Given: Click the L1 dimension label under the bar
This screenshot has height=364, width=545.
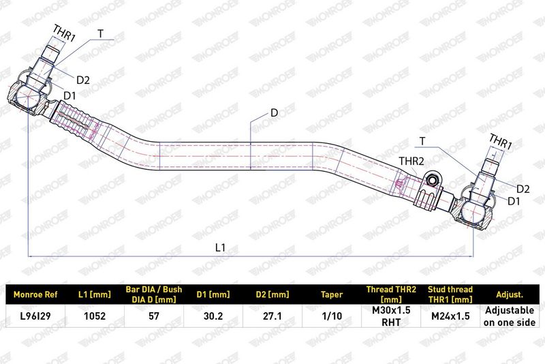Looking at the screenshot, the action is tap(220, 247).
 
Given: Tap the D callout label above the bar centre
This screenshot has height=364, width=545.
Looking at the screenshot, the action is tap(275, 113).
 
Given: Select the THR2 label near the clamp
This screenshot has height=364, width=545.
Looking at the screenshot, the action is tap(411, 161).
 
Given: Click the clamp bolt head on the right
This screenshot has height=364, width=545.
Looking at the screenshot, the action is tap(433, 180).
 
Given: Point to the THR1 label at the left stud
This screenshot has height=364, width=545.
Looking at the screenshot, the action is tap(64, 33).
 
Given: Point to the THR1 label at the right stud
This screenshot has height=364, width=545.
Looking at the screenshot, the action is tap(501, 142).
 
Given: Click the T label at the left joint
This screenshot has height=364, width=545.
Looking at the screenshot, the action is tap(100, 34).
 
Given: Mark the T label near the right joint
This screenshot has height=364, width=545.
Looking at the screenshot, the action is tap(422, 141).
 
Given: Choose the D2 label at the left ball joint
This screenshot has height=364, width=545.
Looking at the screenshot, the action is tap(83, 80).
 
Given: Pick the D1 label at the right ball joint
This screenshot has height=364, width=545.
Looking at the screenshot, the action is tap(514, 201).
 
